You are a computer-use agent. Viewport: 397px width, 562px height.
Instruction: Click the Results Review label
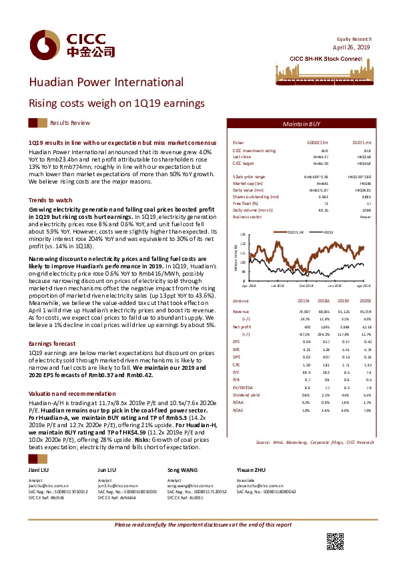(70, 123)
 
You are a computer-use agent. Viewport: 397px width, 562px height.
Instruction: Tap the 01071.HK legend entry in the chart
(296, 232)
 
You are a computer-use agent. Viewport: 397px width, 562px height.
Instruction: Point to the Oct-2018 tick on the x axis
(306, 285)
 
